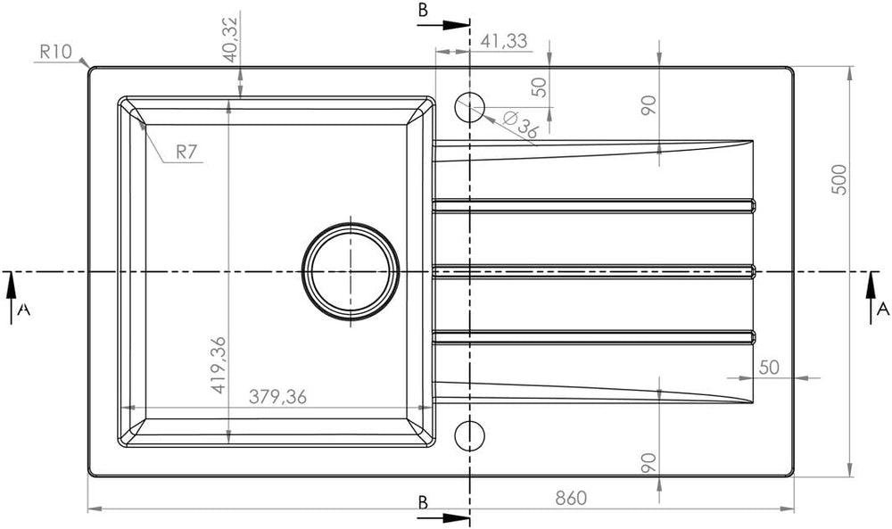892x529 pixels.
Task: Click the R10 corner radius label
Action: [x=56, y=52]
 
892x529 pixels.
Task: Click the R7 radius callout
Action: [x=186, y=152]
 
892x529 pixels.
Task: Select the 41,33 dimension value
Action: [x=504, y=41]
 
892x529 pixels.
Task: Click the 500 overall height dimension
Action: [x=839, y=179]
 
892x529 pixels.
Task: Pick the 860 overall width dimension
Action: [x=571, y=499]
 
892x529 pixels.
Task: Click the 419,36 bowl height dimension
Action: [x=219, y=365]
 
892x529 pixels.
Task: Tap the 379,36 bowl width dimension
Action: [x=277, y=397]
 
